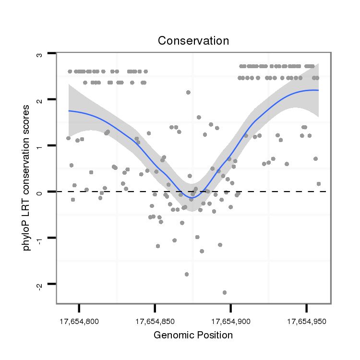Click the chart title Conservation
tap(193, 41)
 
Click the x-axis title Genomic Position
tap(193, 335)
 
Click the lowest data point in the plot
tap(224, 292)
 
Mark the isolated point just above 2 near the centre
tap(188, 92)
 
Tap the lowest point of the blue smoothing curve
tap(192, 197)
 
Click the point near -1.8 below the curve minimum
tap(186, 274)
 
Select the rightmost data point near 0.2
tap(319, 184)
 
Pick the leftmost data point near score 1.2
tap(68, 138)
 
